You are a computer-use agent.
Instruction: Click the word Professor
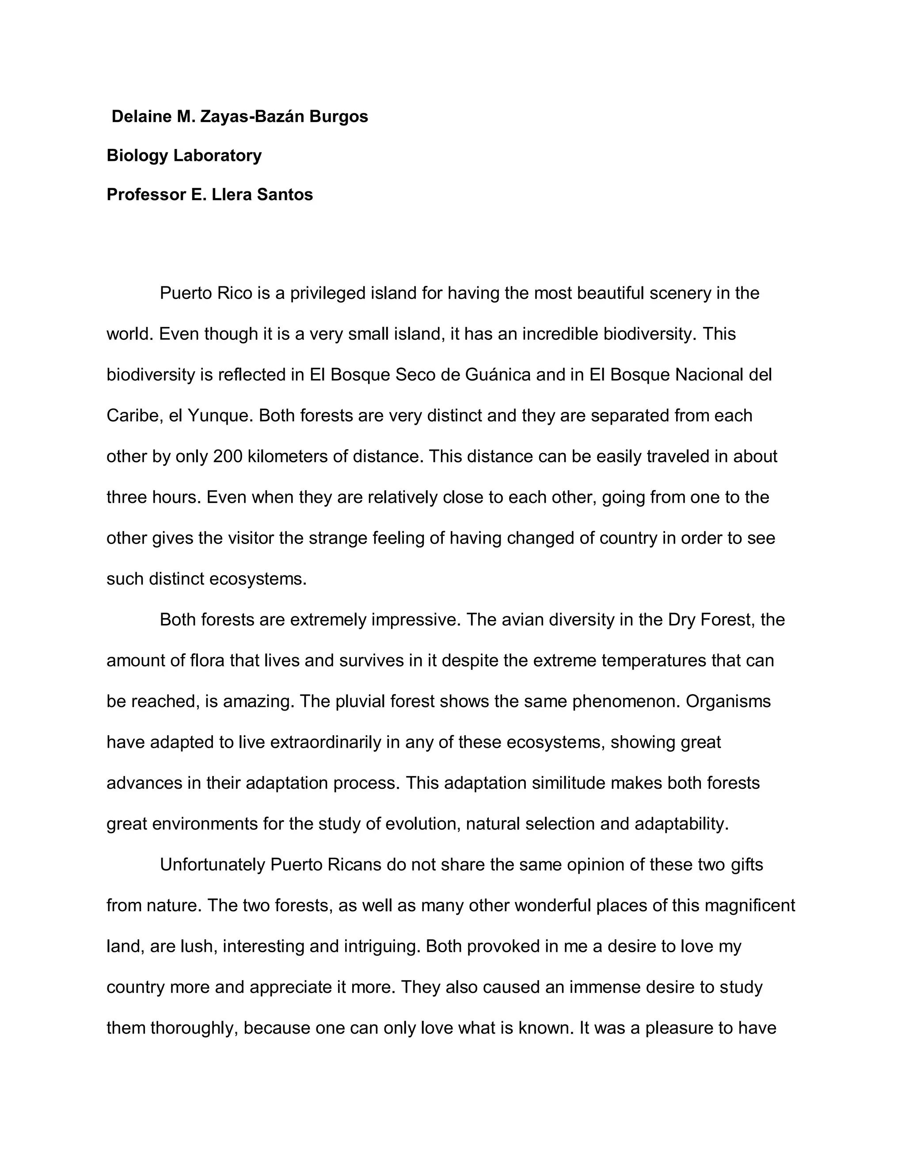point(146,194)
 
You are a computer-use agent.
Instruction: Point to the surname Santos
point(285,194)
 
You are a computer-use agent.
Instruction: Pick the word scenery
point(680,293)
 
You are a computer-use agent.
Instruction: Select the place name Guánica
point(498,375)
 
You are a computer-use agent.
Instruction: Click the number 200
point(228,456)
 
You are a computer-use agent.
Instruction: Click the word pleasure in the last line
point(679,1028)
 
